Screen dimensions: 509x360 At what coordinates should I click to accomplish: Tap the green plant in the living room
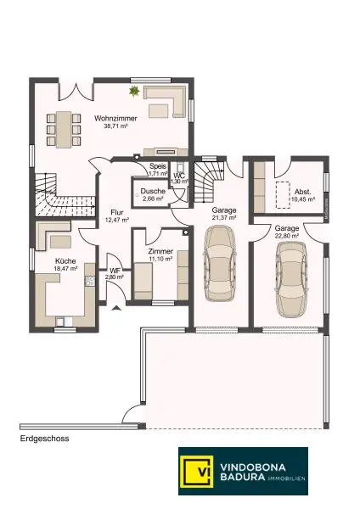133,91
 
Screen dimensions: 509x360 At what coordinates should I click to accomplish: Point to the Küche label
65,261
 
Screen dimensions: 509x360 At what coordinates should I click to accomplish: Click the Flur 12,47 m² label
115,215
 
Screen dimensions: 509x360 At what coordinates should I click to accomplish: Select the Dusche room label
154,192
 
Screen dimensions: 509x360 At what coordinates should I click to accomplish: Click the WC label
179,176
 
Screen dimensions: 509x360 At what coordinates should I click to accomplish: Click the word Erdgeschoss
43,439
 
